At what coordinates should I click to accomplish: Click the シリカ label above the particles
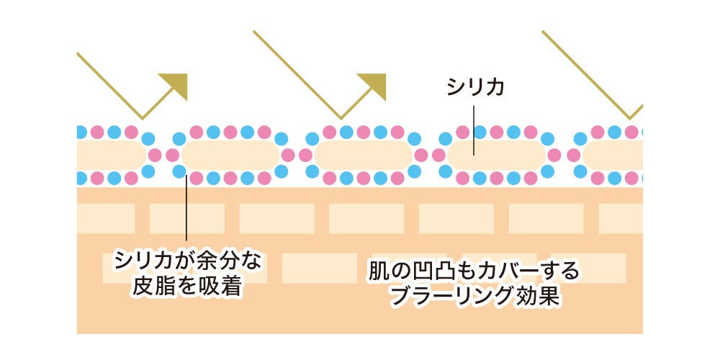475,88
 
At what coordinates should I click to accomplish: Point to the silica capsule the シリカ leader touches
496,156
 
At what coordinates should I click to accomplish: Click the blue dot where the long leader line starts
179,172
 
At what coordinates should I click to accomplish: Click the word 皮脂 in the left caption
152,287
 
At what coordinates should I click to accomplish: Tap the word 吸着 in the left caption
222,287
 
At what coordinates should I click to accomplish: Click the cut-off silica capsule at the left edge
111,156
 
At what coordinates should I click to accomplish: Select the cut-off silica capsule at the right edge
613,156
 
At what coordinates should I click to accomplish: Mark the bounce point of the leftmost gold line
142,119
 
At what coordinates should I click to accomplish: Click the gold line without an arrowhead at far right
593,74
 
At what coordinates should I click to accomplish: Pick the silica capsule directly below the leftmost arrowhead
230,156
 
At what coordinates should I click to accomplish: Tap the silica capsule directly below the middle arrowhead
363,156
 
